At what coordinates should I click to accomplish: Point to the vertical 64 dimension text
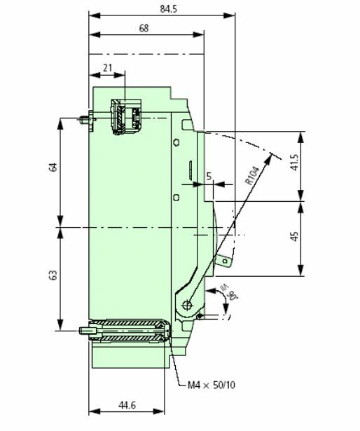point(53,168)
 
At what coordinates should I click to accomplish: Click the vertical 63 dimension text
point(53,277)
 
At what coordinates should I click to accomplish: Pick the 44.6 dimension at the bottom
point(127,406)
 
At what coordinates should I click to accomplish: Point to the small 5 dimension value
point(209,177)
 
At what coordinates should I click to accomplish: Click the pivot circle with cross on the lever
point(187,305)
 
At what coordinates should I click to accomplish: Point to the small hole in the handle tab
point(224,261)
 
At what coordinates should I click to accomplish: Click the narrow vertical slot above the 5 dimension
point(189,168)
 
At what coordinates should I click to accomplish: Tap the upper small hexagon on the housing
point(178,142)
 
